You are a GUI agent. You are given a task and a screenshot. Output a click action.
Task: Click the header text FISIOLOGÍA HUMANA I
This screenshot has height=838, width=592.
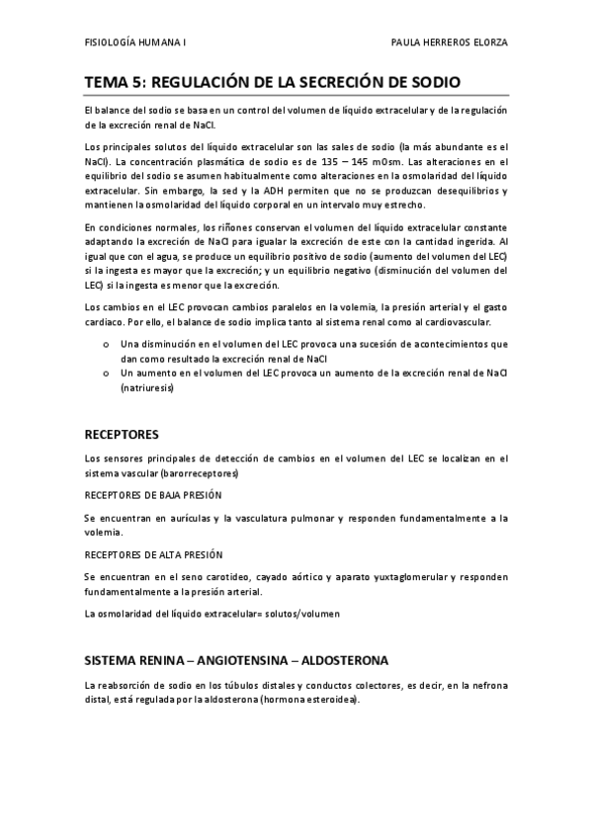[x=135, y=44]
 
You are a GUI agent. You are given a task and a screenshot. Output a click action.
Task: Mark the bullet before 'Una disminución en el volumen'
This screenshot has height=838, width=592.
[x=105, y=344]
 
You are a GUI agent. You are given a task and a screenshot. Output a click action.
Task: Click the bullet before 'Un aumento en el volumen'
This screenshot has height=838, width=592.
[x=105, y=374]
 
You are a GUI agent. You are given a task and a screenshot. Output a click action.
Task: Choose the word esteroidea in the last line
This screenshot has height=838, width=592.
[x=330, y=700]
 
